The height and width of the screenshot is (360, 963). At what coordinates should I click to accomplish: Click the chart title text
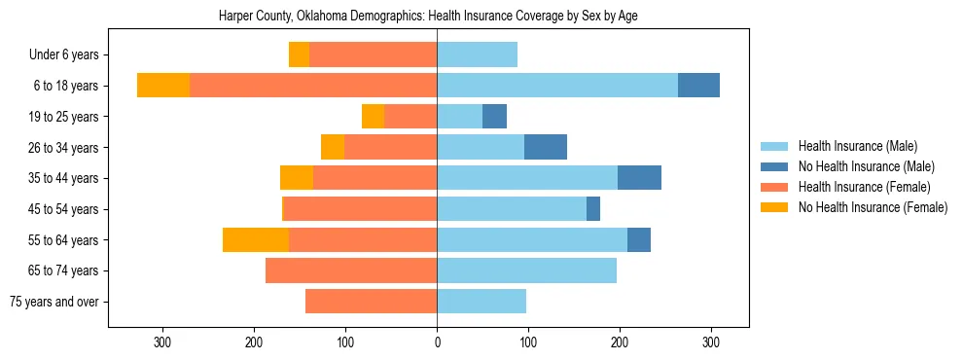[429, 17]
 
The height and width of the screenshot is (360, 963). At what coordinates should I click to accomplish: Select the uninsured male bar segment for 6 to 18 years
[698, 86]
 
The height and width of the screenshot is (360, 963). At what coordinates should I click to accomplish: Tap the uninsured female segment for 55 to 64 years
[256, 239]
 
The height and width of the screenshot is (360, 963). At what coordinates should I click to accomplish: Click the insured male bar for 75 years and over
[481, 302]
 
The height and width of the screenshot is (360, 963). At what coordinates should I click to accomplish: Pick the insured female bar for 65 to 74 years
[351, 270]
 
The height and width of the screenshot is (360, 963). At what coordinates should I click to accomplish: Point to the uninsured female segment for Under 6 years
[299, 55]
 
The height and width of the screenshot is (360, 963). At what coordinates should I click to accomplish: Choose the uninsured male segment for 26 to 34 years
[546, 147]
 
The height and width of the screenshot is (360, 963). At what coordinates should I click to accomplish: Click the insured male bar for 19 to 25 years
[459, 117]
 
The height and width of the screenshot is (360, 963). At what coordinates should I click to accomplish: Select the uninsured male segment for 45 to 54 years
[593, 209]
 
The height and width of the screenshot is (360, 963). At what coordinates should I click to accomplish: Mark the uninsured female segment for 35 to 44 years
[297, 178]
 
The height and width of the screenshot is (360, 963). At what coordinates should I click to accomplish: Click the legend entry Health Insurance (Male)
[857, 147]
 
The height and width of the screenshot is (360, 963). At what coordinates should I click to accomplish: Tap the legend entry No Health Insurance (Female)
[873, 207]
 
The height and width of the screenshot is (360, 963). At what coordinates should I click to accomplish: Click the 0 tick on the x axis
[437, 342]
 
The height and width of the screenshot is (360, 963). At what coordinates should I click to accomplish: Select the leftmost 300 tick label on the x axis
[162, 342]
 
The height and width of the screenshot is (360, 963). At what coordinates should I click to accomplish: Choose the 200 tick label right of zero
[620, 342]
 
